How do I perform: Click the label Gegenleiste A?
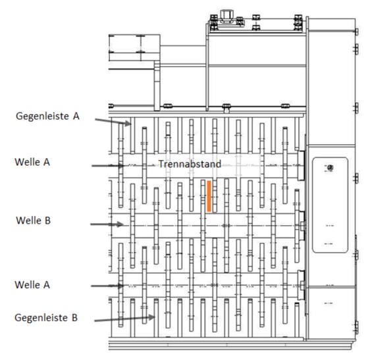pyautogui.click(x=47, y=116)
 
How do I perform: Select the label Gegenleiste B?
pyautogui.click(x=46, y=317)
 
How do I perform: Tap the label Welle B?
pyautogui.click(x=33, y=220)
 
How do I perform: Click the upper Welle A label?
pyautogui.click(x=32, y=162)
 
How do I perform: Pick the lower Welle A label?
pyautogui.click(x=32, y=284)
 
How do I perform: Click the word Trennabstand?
pyautogui.click(x=190, y=164)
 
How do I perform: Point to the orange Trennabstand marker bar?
pyautogui.click(x=209, y=196)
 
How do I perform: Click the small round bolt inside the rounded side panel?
pyautogui.click(x=330, y=167)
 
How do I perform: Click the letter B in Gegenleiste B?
pyautogui.click(x=74, y=317)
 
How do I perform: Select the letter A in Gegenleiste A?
pyautogui.click(x=76, y=116)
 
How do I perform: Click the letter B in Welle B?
pyautogui.click(x=47, y=220)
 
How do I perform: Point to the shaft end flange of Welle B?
pyautogui.click(x=302, y=226)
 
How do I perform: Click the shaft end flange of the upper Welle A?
pyautogui.click(x=301, y=166)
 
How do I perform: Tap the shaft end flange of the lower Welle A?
pyautogui.click(x=301, y=285)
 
